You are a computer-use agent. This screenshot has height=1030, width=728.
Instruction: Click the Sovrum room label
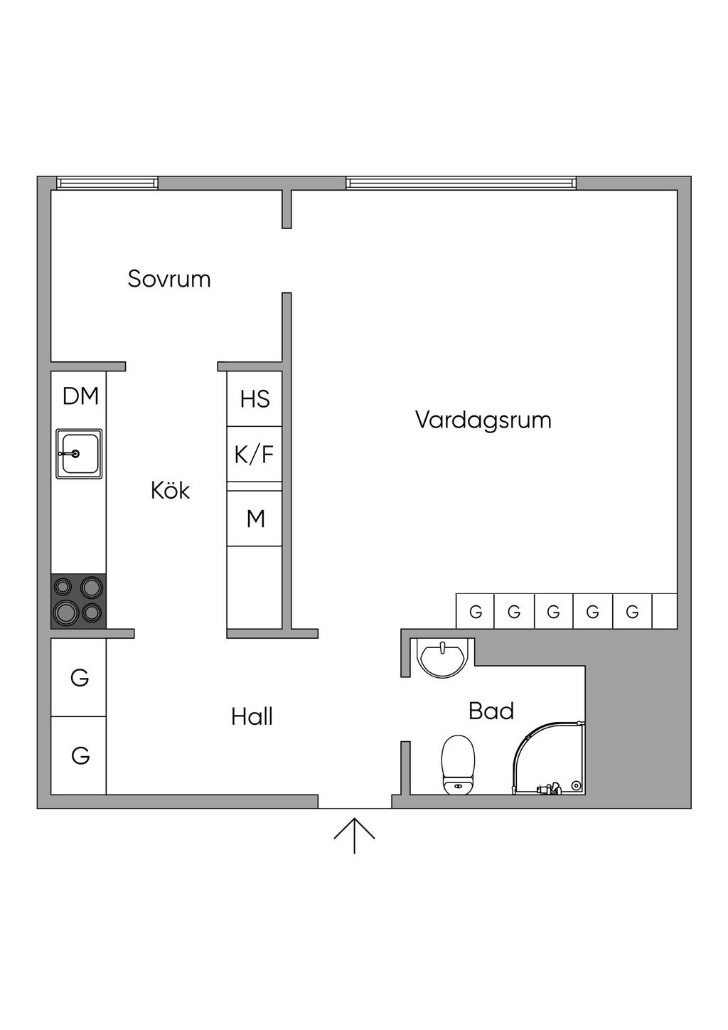tap(169, 278)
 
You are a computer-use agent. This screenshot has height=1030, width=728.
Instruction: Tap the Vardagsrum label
tap(483, 420)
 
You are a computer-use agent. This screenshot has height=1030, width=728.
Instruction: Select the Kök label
tap(170, 490)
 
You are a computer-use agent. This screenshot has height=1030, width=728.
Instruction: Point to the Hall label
tap(252, 716)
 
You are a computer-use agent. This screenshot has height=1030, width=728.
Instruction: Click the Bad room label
tap(491, 711)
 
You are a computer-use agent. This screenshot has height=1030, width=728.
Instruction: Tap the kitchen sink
tap(79, 453)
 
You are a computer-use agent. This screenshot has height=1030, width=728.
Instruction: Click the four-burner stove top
tap(78, 601)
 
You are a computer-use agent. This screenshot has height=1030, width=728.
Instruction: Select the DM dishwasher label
tap(80, 396)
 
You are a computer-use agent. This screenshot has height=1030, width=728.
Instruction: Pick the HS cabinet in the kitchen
tap(255, 398)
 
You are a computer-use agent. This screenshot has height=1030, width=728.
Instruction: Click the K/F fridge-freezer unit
tap(255, 454)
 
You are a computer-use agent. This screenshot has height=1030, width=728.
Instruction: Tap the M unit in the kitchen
tap(255, 519)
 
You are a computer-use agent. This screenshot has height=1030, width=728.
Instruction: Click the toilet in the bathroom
tap(458, 765)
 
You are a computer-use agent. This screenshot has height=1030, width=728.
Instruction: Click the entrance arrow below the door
tap(354, 835)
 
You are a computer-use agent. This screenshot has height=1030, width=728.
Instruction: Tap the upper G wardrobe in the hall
tap(79, 678)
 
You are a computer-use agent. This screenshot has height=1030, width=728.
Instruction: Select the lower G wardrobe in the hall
tap(79, 755)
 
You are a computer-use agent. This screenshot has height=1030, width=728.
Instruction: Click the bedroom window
tap(108, 184)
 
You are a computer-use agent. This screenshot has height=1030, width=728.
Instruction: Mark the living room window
tap(461, 184)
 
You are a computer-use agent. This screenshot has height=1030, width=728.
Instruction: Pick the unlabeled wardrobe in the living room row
tap(664, 611)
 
